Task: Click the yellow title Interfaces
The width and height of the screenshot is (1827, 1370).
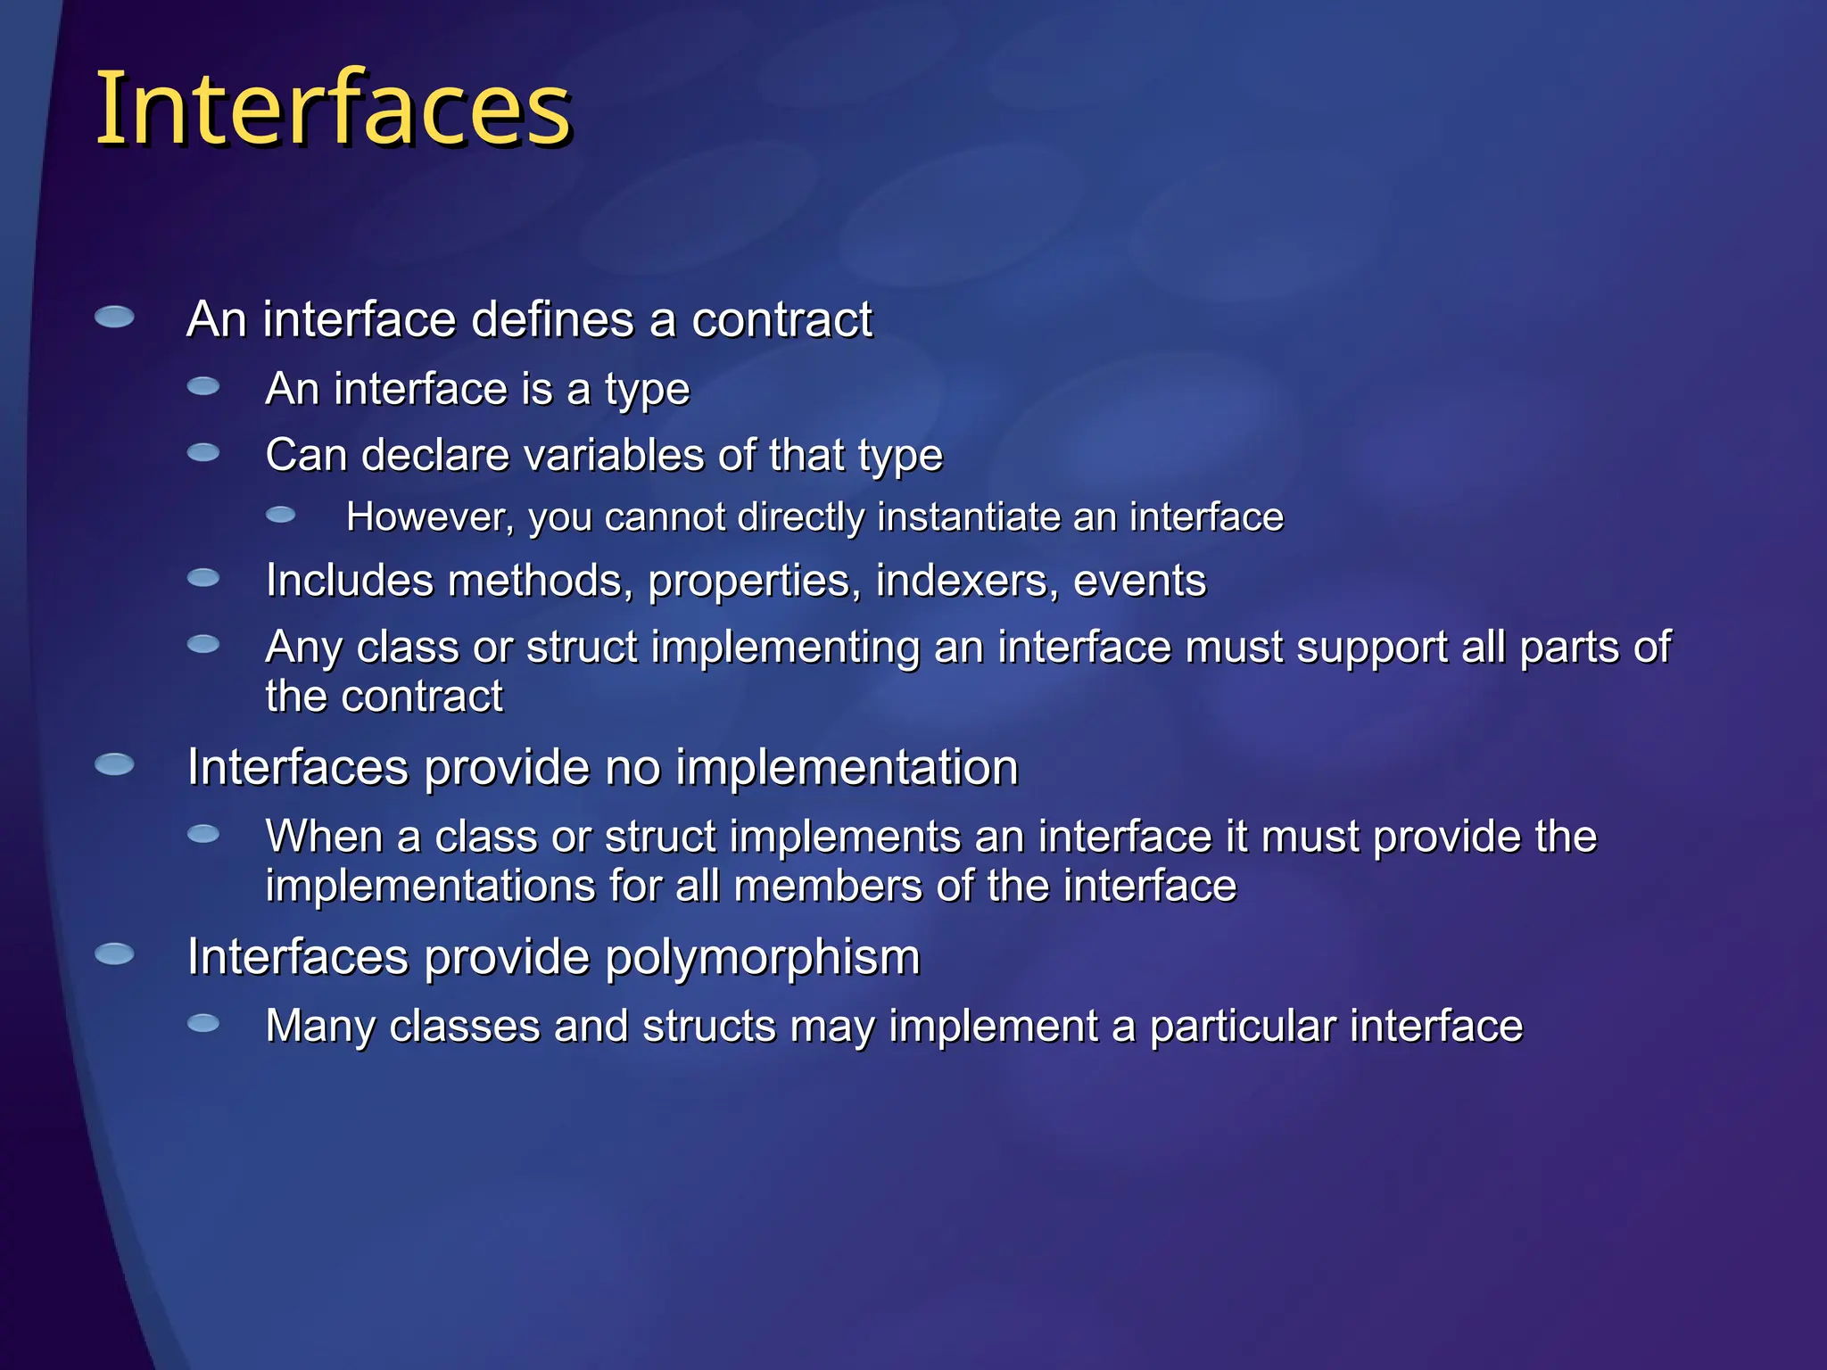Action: pos(333,109)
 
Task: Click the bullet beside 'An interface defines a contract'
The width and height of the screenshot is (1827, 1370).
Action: pos(114,317)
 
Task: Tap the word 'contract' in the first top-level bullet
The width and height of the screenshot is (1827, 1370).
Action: pos(781,319)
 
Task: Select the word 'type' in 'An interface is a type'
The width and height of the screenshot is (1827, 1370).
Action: pos(647,390)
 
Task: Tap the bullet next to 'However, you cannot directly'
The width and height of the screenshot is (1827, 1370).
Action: pos(281,515)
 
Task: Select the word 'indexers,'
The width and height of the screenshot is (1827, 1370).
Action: pos(967,581)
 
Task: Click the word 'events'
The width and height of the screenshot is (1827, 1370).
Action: pos(1139,581)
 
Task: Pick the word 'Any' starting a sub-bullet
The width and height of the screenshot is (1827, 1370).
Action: pos(303,648)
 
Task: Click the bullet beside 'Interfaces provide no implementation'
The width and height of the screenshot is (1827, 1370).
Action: pos(114,764)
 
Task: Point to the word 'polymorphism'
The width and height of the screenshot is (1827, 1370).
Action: pos(762,958)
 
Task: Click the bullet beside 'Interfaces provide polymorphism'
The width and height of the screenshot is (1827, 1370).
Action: pos(114,954)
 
